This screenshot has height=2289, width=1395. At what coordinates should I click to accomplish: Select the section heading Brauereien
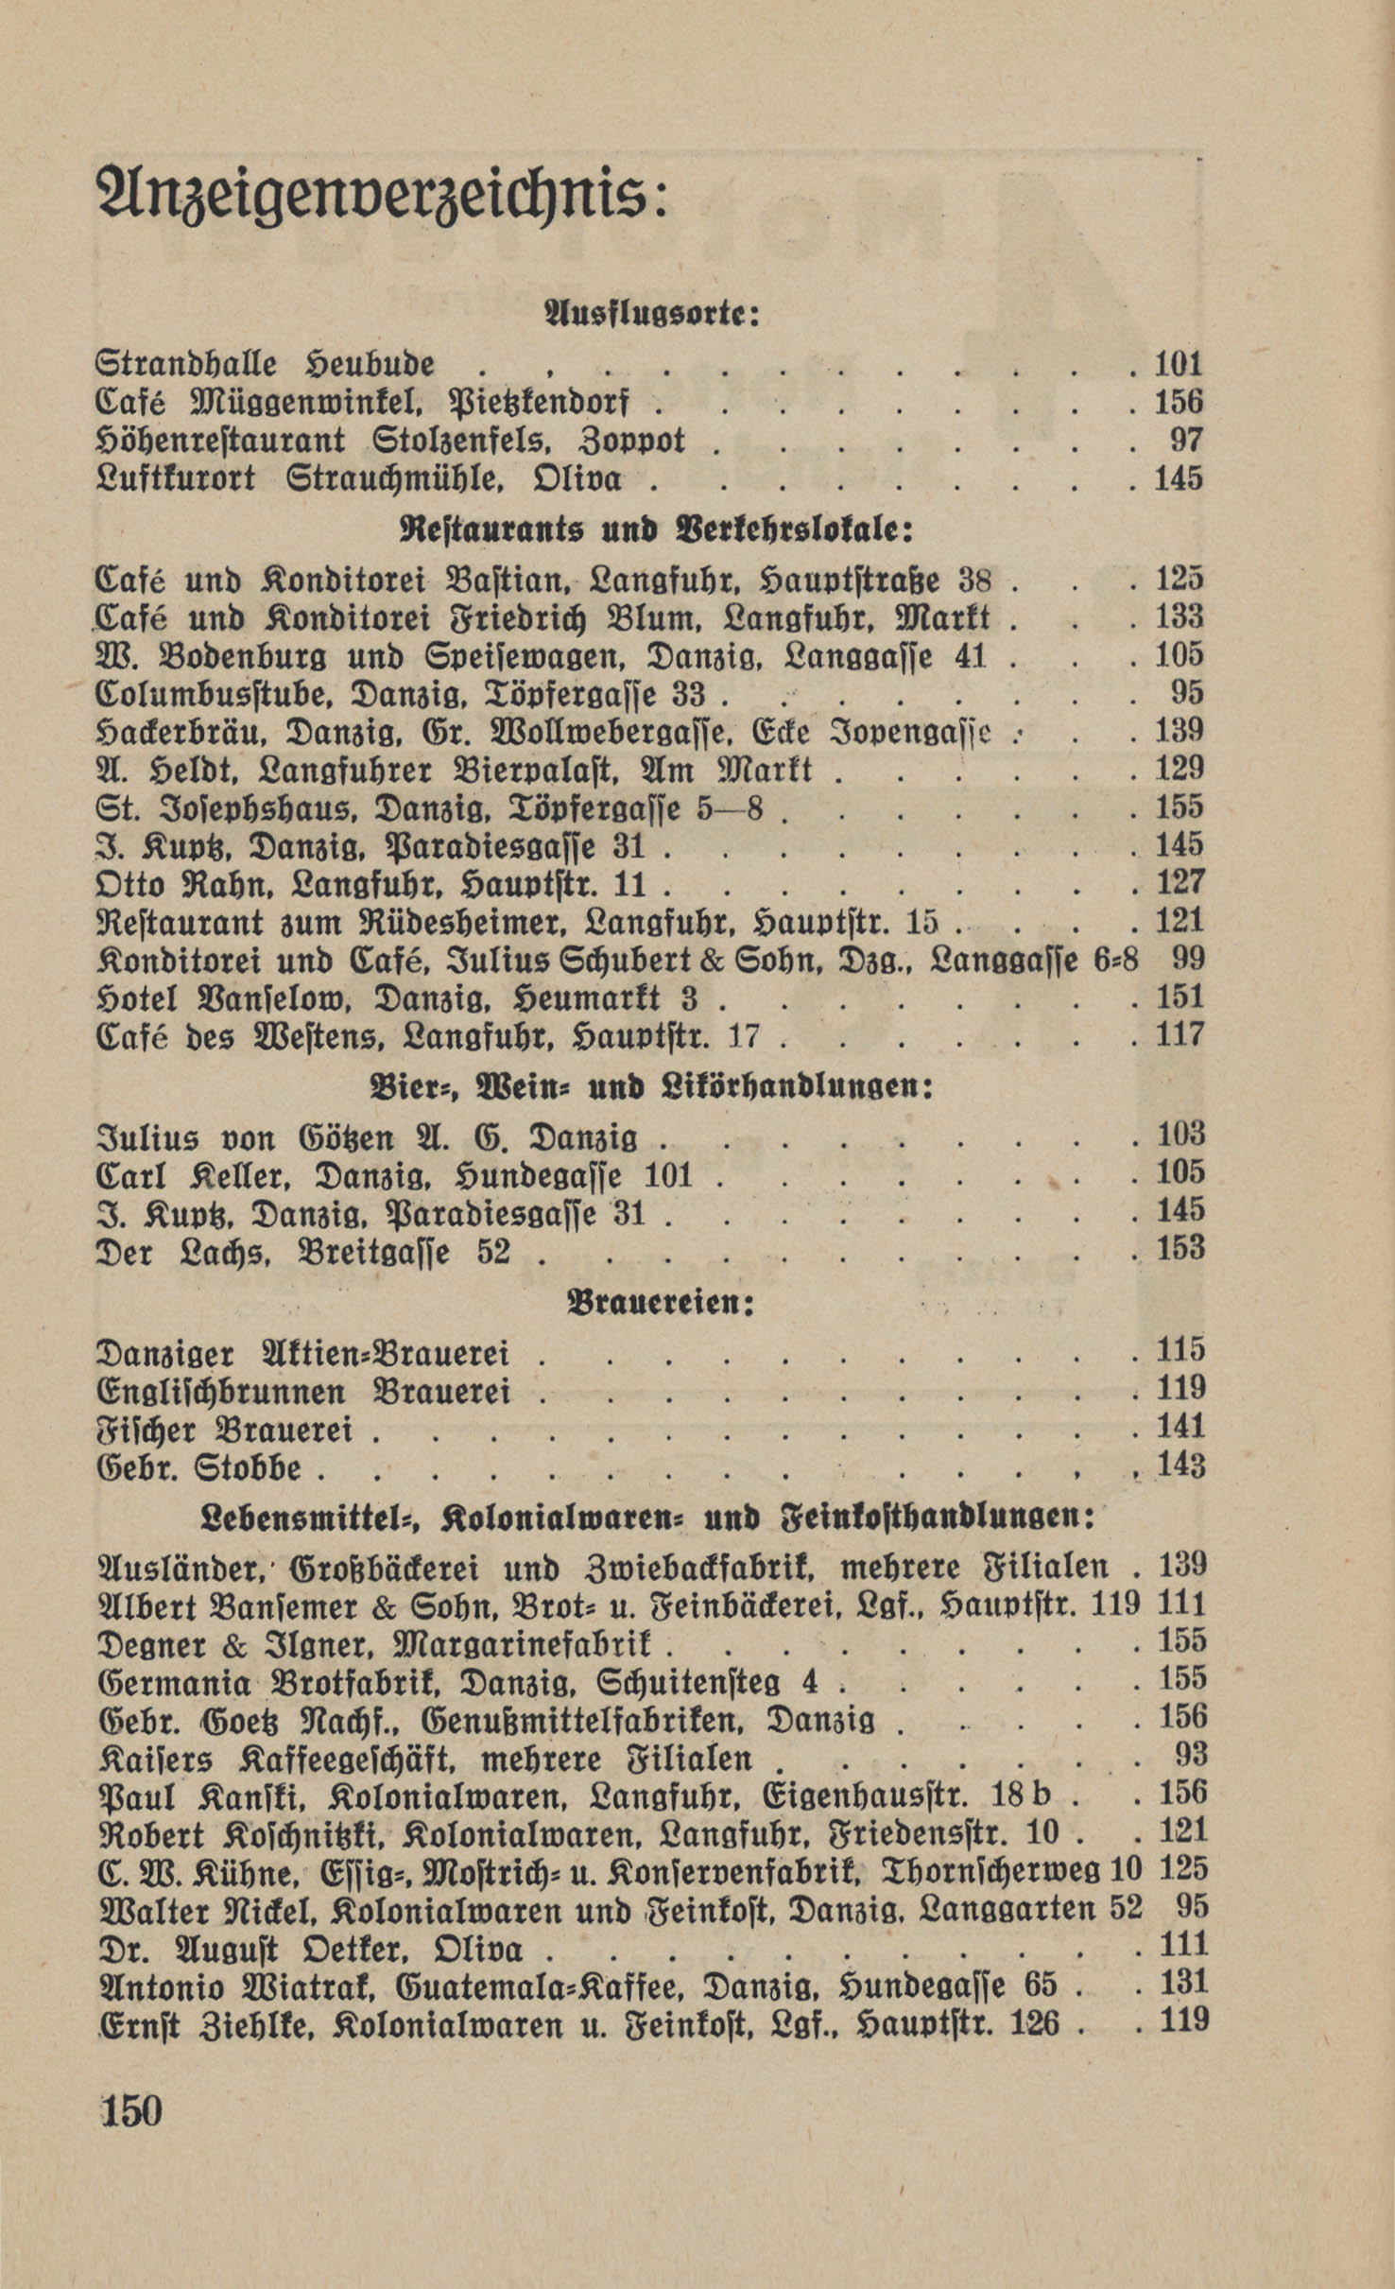click(660, 1305)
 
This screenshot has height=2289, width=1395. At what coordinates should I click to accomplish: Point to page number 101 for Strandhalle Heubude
click(1178, 364)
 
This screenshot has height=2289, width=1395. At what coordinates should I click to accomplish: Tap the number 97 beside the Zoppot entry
click(1187, 441)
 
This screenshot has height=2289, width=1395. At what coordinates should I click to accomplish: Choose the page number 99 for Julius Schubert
click(1188, 958)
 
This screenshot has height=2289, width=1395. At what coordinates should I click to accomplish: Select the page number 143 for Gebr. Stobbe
click(1180, 1466)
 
